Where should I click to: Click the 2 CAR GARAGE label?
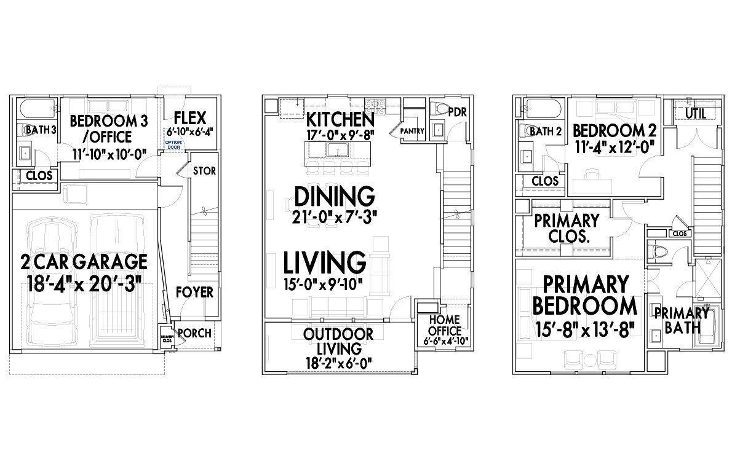tap(85, 262)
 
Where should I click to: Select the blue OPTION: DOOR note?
tap(173, 144)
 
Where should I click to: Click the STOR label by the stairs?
tap(204, 170)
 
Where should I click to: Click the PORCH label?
tap(194, 333)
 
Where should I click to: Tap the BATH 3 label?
tap(41, 130)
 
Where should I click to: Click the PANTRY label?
tap(412, 132)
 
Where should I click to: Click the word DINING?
tap(334, 197)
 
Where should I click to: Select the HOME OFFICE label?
tap(445, 325)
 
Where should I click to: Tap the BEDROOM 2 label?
tap(615, 130)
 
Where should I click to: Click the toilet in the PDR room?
tap(441, 110)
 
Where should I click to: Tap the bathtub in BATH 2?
tap(542, 109)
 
